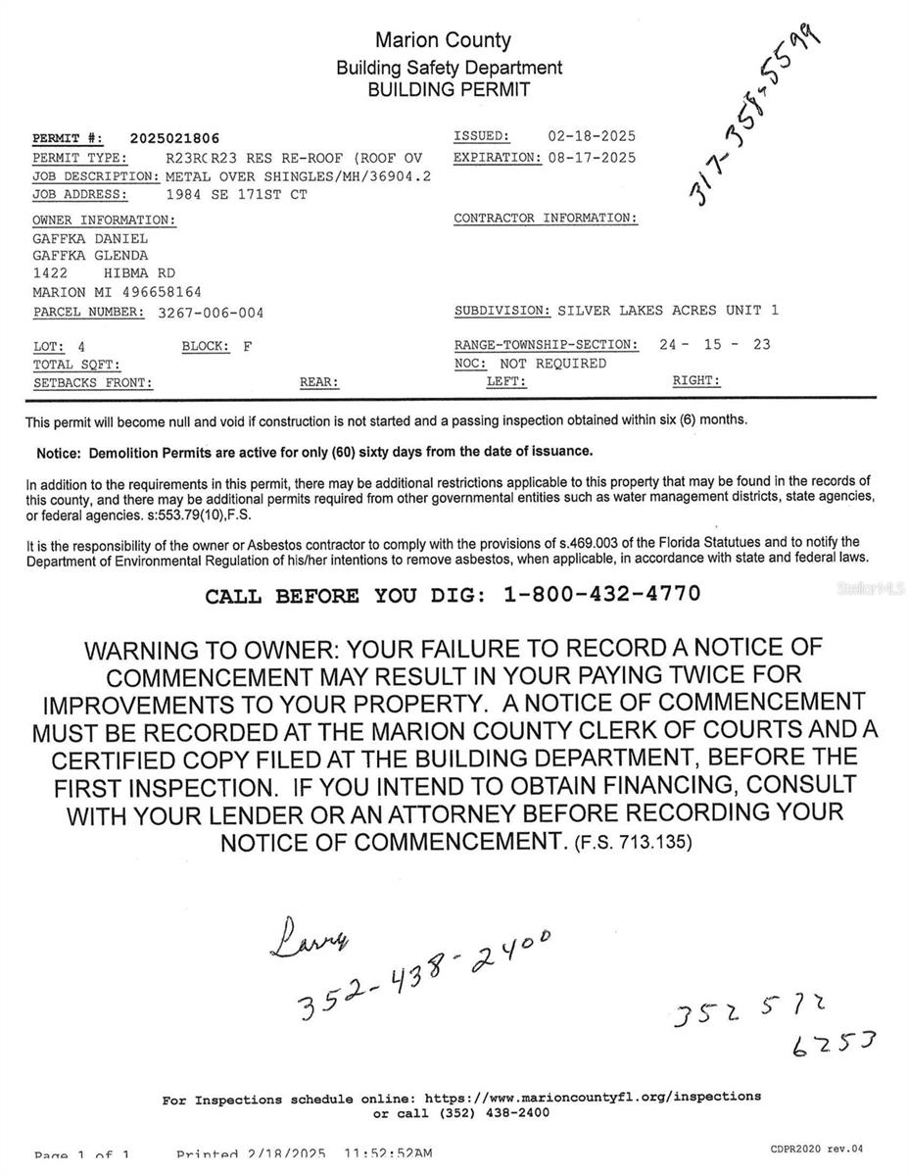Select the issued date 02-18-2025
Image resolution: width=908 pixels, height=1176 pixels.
[x=591, y=136]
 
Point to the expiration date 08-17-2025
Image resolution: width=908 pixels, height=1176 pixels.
[x=591, y=157]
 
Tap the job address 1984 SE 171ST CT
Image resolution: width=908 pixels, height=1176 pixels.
[x=236, y=195]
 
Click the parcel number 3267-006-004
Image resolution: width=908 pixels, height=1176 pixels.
[x=211, y=313]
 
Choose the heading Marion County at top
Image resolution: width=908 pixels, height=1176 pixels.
[x=443, y=40]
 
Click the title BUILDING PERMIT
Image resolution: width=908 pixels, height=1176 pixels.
[x=449, y=90]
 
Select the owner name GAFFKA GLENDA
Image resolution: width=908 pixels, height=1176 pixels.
[x=90, y=256]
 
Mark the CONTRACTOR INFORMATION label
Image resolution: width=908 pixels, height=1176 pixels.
[x=546, y=218]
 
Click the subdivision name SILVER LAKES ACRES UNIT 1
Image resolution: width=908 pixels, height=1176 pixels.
[x=668, y=311]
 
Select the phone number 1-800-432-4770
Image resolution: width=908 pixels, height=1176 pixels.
[x=602, y=594]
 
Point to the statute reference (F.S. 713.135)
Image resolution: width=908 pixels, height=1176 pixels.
[x=633, y=841]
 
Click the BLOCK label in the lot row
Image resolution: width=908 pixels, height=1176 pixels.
[x=206, y=346]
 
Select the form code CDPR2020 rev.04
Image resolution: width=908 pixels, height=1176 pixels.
[x=816, y=1149]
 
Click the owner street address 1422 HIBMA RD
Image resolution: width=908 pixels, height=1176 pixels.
[x=104, y=273]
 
